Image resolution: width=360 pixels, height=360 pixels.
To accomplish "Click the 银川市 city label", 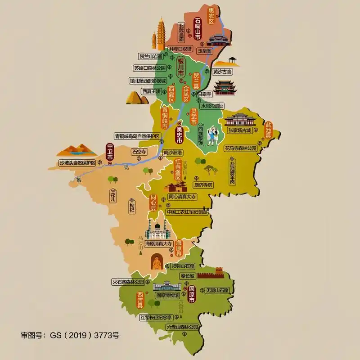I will point(181,66).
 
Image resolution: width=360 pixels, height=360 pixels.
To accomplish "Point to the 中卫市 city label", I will point(110,152).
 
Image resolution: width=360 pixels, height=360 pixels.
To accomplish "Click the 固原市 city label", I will point(192,292).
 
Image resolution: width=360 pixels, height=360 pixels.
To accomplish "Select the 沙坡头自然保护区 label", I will point(77,162).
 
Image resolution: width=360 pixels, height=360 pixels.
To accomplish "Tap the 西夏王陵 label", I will point(151,91).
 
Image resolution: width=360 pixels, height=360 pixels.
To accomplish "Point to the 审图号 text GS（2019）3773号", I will point(70,335).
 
